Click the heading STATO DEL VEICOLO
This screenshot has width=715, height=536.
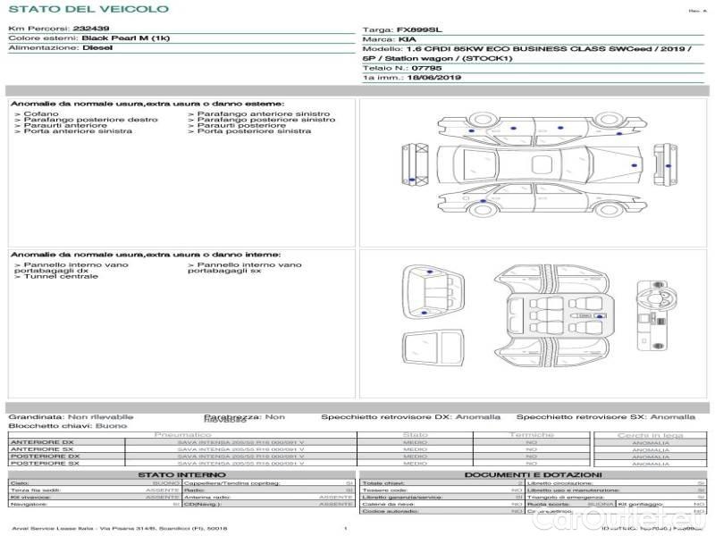tap(88, 10)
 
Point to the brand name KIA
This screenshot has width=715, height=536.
tap(407, 40)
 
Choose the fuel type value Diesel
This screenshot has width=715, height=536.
tap(97, 48)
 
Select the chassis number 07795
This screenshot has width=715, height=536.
tap(425, 68)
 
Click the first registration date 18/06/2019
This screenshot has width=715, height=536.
tap(433, 78)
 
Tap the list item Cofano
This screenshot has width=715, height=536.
tap(41, 114)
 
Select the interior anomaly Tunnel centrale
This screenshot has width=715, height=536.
tap(62, 277)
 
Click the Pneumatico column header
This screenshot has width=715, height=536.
tap(183, 434)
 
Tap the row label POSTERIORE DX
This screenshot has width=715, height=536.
tap(44, 456)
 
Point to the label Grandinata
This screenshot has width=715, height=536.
tap(36, 416)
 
